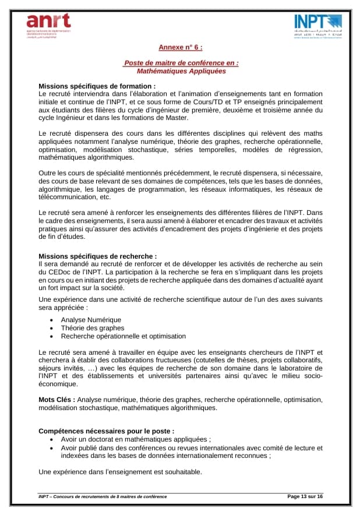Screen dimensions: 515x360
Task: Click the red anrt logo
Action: (x=48, y=24)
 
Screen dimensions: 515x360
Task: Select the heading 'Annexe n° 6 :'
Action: (x=181, y=48)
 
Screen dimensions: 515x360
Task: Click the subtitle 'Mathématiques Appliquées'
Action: (x=181, y=71)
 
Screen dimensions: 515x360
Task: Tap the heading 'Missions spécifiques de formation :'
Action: (x=97, y=86)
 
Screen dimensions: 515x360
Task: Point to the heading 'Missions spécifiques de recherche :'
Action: (x=97, y=256)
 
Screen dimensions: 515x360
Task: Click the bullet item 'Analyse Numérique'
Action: (x=91, y=319)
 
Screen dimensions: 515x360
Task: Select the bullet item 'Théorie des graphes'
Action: (x=93, y=327)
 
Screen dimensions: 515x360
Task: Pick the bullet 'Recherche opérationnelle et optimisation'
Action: (x=123, y=336)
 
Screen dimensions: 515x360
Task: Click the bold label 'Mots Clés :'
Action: (x=57, y=400)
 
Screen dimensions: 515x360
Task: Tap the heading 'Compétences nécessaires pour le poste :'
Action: (x=106, y=431)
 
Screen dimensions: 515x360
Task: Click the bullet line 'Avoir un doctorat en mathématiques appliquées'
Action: (x=135, y=439)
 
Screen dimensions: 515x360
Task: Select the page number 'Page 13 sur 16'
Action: (x=305, y=496)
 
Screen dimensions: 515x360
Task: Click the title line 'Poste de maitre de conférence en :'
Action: (x=181, y=63)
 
